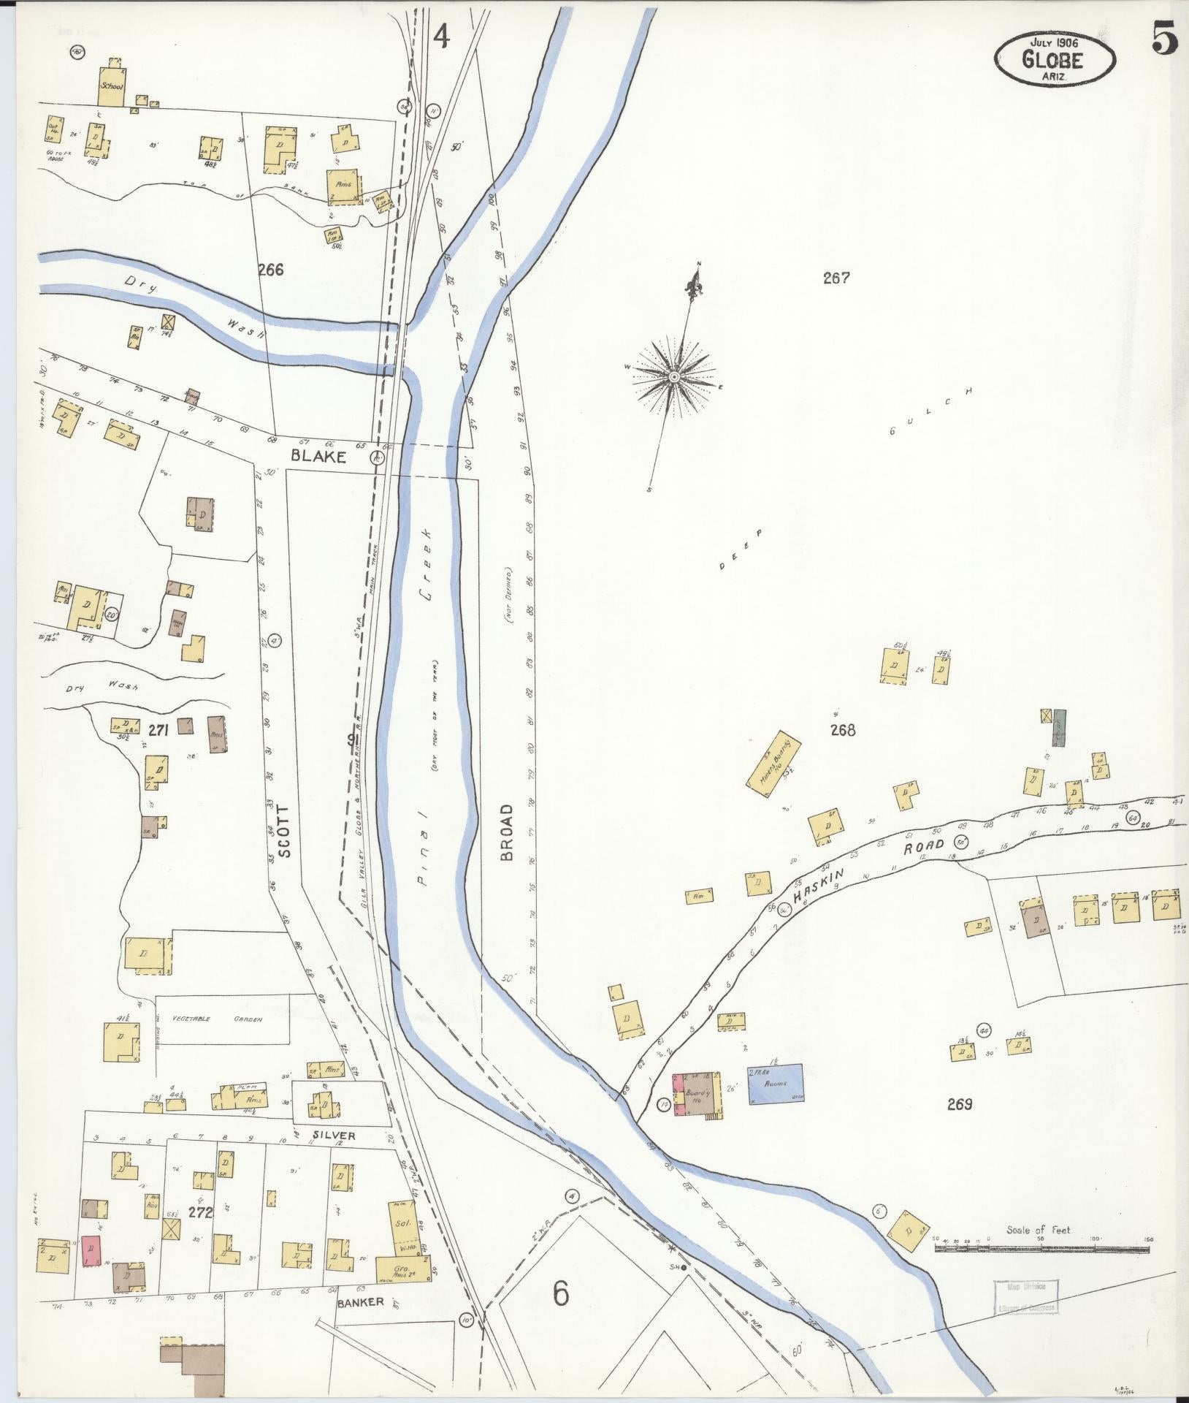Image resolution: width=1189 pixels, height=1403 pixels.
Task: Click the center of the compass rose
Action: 674,376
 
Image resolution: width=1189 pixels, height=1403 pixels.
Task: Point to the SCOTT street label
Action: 286,831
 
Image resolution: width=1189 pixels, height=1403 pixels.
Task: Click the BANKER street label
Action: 360,1302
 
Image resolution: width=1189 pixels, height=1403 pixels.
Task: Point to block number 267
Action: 836,278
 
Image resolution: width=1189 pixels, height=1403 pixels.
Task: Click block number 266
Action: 270,270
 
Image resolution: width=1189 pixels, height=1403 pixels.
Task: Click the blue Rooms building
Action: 775,1083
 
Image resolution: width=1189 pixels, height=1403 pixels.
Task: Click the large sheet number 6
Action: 560,1293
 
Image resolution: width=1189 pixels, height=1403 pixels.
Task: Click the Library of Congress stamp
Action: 1025,1297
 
